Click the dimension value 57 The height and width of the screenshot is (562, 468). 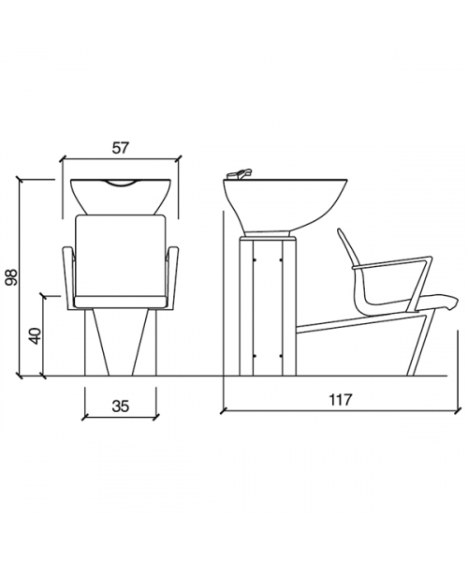point(120,148)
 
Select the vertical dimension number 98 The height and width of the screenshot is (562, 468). point(11,276)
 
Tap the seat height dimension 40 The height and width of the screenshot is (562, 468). point(36,336)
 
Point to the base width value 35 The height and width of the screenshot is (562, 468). point(121,407)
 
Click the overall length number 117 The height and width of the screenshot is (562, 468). point(341,399)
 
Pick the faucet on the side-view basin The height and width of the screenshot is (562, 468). point(240,173)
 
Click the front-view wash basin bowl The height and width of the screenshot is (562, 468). point(121,197)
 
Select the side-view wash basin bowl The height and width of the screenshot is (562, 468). point(285,204)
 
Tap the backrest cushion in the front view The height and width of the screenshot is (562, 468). point(121,256)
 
